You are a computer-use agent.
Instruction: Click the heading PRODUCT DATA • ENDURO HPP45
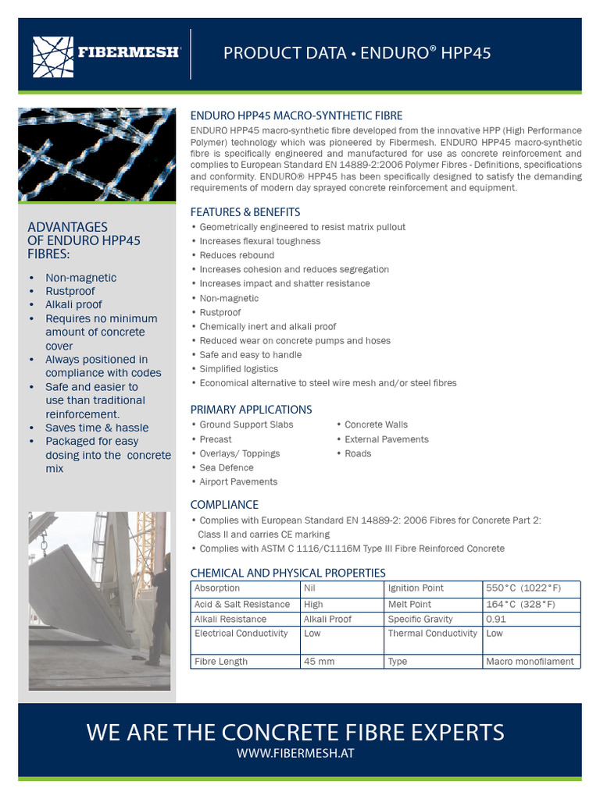tap(357, 53)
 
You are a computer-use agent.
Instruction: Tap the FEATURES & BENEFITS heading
tap(245, 211)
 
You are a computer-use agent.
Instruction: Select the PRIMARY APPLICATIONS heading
tap(251, 409)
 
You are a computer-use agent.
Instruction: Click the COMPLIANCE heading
tap(224, 504)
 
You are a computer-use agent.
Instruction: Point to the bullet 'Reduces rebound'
tap(237, 255)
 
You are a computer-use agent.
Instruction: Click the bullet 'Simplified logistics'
tap(238, 368)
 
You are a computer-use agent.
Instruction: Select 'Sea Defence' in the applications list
tap(227, 467)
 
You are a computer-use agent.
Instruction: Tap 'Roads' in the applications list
tap(358, 453)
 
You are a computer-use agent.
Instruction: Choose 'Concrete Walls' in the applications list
tap(376, 424)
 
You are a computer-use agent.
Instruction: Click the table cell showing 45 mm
tap(319, 661)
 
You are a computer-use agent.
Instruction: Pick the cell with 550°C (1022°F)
tap(523, 588)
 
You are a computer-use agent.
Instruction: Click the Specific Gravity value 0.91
tap(495, 619)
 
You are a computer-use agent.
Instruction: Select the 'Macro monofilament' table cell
tap(530, 661)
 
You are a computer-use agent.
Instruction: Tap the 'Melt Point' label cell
tap(409, 604)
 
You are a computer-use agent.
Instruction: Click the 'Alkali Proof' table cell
tap(327, 619)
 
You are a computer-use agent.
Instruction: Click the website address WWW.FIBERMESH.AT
tap(295, 754)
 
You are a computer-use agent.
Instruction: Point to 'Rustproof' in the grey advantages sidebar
tap(70, 291)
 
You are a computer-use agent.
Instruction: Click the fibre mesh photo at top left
tap(96, 154)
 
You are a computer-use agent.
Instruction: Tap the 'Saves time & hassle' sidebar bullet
tap(96, 428)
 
